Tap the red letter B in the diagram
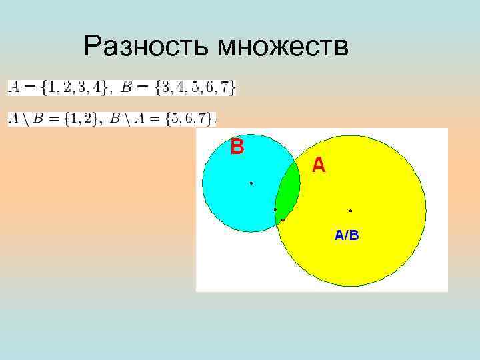click(237, 146)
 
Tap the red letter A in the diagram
click(319, 165)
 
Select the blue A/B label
click(347, 235)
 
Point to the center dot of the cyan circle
click(251, 183)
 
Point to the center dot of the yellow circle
click(351, 211)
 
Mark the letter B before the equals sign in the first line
click(127, 87)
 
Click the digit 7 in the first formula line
click(225, 87)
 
